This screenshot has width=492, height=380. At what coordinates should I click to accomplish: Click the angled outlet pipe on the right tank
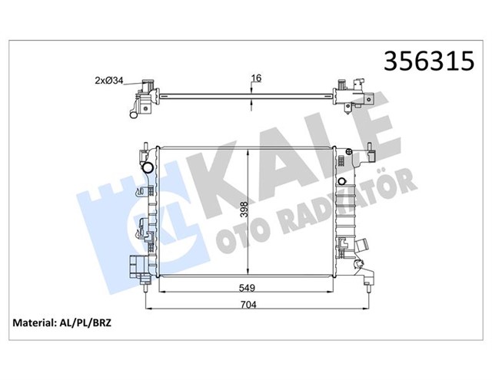361,253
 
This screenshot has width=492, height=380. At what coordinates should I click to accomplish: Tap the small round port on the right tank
341,181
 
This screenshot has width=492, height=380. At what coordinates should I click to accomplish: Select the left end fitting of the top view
142,102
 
